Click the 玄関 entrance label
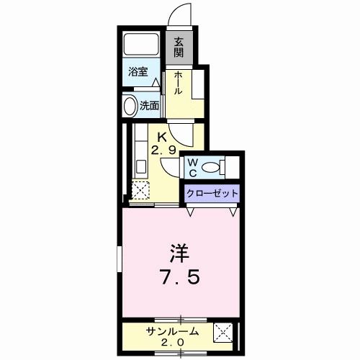point(179,49)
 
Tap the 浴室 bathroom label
point(138,72)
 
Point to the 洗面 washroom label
point(149,105)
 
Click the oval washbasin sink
point(130,106)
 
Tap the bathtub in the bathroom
point(142,45)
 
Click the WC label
point(192,168)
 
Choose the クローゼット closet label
point(211,193)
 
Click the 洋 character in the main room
point(180,253)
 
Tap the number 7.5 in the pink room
point(180,276)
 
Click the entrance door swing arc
point(181,14)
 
